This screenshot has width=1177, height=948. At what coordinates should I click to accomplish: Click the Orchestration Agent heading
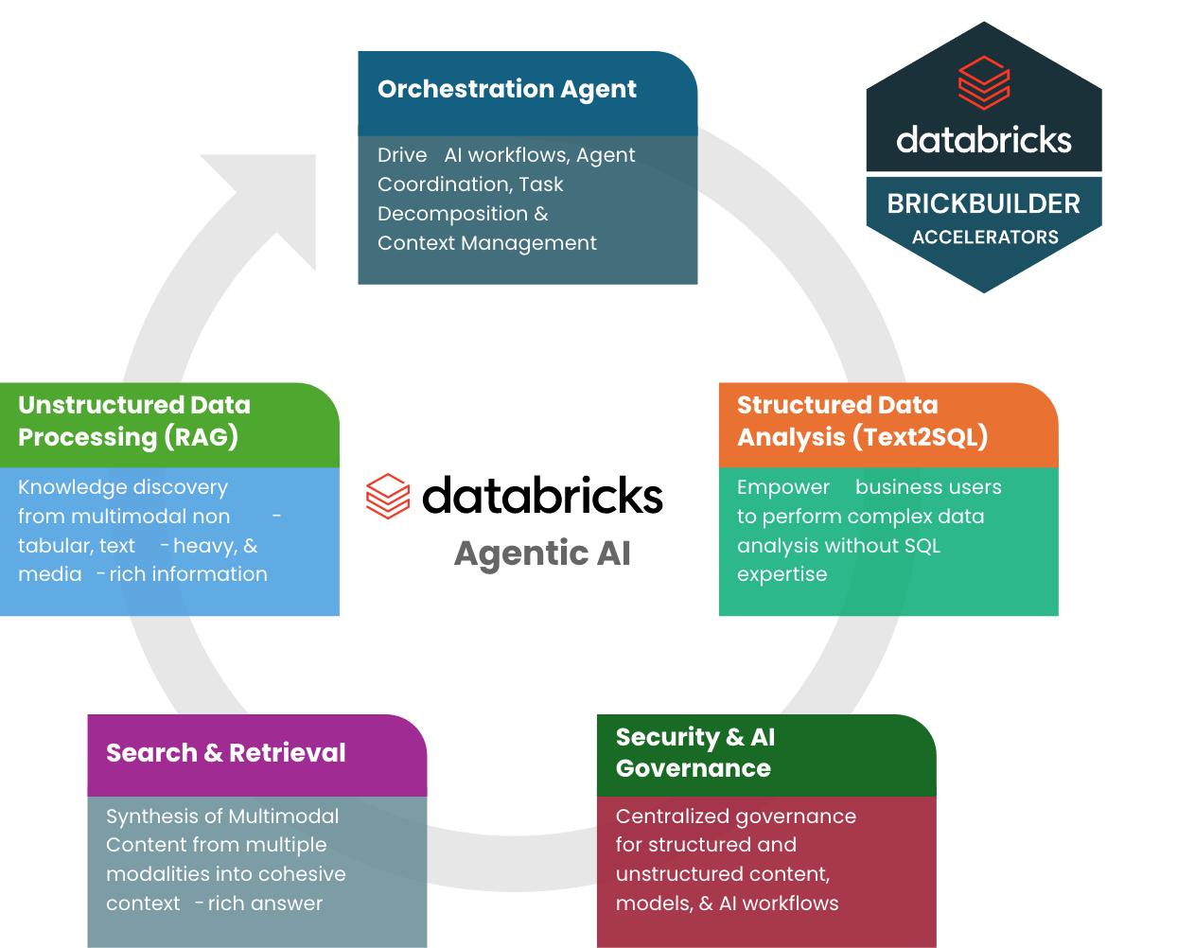tap(506, 89)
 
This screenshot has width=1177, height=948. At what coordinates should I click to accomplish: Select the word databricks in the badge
tap(984, 140)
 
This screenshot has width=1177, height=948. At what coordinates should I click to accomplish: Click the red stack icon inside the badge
tap(984, 82)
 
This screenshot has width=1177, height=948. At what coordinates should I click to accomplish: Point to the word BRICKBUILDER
tap(983, 203)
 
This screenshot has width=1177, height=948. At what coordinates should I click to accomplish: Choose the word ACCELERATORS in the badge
tap(985, 237)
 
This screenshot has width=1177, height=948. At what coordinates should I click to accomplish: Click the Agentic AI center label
tap(542, 553)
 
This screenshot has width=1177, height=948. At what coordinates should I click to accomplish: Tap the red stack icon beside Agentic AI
tap(388, 496)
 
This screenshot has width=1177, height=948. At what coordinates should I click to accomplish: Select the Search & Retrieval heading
tap(225, 753)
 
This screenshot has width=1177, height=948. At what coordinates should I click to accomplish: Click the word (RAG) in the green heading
tap(202, 437)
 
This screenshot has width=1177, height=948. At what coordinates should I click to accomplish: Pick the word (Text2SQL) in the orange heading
tap(920, 437)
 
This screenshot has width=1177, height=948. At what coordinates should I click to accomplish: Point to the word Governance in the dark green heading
tap(693, 768)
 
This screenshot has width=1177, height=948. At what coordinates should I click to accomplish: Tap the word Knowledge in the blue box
tap(65, 487)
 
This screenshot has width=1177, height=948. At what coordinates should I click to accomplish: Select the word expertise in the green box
tap(782, 574)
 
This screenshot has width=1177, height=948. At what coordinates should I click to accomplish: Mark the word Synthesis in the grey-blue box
tap(151, 816)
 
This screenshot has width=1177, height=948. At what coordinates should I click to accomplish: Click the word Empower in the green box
tap(782, 487)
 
